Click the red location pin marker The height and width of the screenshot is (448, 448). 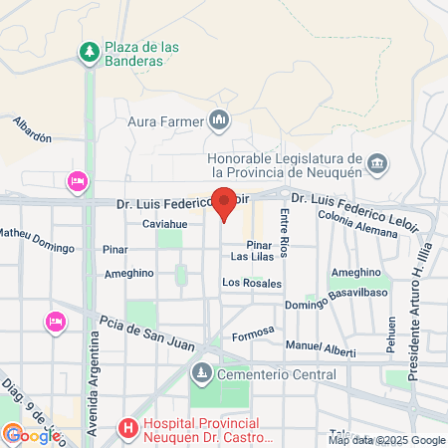(x=224, y=202)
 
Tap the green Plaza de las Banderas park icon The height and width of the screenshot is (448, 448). (x=90, y=51)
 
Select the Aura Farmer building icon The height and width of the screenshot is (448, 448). (x=219, y=122)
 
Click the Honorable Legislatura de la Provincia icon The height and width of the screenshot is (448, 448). (x=377, y=162)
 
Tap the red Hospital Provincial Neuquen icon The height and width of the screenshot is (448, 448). (x=127, y=430)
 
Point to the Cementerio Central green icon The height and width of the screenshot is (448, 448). (x=201, y=374)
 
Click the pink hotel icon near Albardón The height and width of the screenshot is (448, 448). (x=76, y=180)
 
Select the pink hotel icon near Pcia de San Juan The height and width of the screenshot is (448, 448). (x=55, y=322)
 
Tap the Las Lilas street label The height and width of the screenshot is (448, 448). (x=252, y=257)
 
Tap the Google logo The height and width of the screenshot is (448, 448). (x=32, y=435)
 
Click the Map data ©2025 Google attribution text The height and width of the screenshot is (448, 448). (x=387, y=440)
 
